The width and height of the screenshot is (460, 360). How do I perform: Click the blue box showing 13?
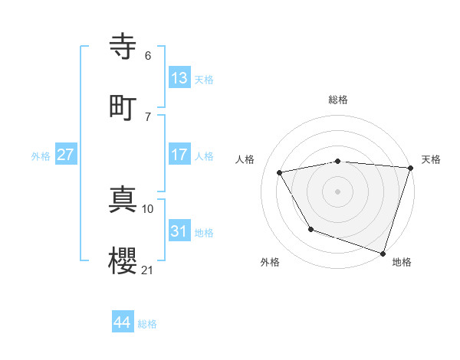point(179,77)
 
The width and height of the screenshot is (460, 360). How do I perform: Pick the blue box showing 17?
point(179,155)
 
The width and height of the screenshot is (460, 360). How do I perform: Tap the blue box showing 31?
point(179,231)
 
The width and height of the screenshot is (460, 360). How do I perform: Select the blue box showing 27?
point(66,155)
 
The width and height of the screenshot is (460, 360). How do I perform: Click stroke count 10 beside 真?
point(148,208)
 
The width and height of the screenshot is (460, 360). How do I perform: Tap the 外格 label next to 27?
point(41,156)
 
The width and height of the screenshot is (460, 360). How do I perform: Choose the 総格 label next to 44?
point(147,324)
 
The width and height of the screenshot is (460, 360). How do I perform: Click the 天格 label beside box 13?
point(204,79)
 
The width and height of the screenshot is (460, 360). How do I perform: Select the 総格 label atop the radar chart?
point(338,100)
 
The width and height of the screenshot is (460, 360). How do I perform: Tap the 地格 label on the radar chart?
point(402,262)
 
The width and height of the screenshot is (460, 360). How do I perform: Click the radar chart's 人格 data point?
point(280,173)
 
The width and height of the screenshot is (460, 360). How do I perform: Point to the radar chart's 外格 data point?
point(310,229)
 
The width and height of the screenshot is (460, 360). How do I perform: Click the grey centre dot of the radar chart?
point(338,191)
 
